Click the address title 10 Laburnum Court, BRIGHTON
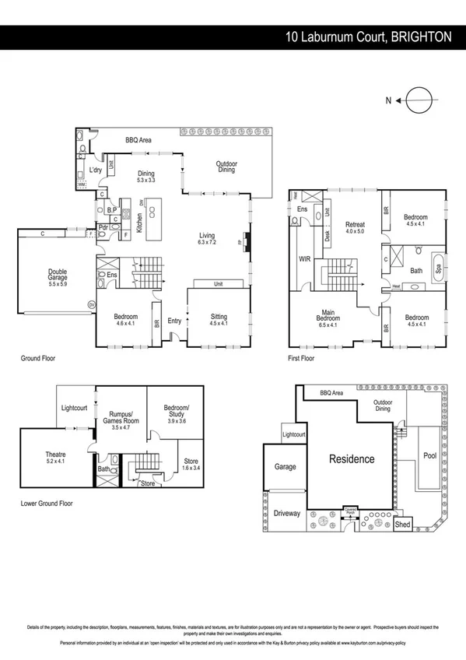coord(368,37)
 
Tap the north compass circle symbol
coord(418,100)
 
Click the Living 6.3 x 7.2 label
coord(206,239)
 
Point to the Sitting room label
coord(219,321)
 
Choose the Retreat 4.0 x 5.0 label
coord(356,227)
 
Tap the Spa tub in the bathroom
coord(437,268)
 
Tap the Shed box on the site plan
coord(403,525)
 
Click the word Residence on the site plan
coord(350,458)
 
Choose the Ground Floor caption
coord(37,359)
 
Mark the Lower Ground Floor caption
coord(47,504)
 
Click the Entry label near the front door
coord(173,321)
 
